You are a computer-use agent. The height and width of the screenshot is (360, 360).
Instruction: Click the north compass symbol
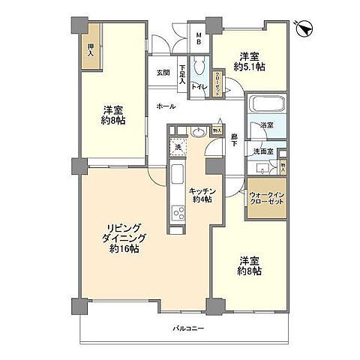pyautogui.click(x=304, y=28)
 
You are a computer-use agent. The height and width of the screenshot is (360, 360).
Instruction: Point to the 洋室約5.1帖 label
pyautogui.click(x=250, y=62)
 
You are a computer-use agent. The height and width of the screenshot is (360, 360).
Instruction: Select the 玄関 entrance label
pyautogui.click(x=163, y=73)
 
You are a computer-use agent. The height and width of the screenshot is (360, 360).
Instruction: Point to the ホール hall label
pyautogui.click(x=166, y=106)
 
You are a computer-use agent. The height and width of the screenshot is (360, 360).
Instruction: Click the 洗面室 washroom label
pyautogui.click(x=262, y=151)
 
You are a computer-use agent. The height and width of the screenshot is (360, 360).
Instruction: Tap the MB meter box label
pyautogui.click(x=199, y=37)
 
